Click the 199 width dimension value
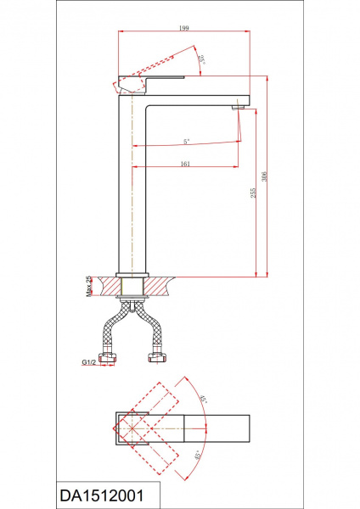click(x=184, y=28)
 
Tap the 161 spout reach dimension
click(x=185, y=164)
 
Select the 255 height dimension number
click(x=253, y=193)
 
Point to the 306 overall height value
click(x=264, y=176)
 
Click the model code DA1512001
click(x=102, y=496)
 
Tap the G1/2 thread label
click(x=88, y=362)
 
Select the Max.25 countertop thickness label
click(x=88, y=287)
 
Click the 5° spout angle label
click(x=186, y=141)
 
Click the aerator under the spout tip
click(x=238, y=108)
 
